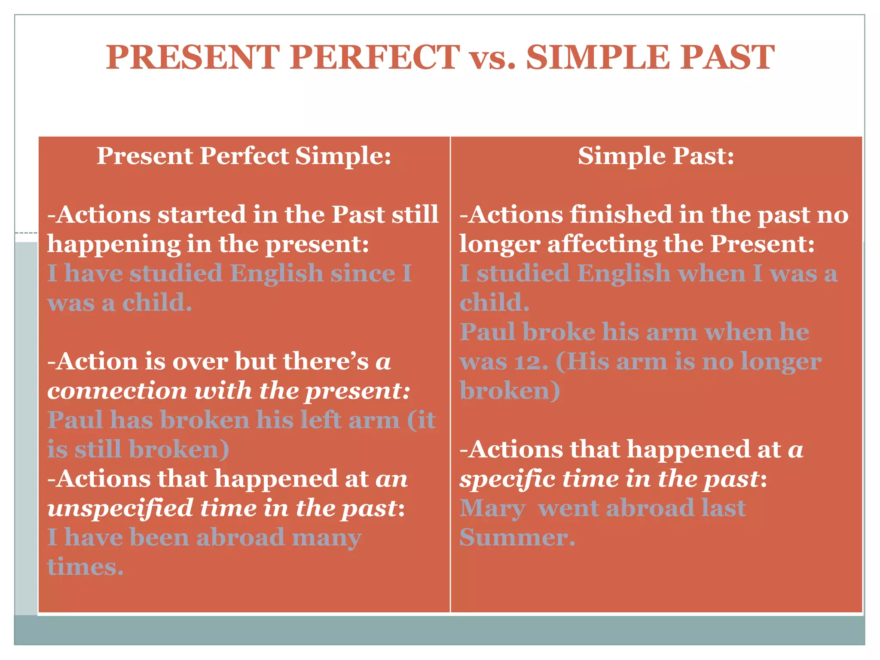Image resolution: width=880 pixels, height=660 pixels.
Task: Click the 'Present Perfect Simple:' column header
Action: [x=244, y=156]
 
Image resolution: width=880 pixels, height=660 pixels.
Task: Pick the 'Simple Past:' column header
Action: [x=656, y=156]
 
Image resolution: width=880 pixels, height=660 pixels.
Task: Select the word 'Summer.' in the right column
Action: [x=517, y=538]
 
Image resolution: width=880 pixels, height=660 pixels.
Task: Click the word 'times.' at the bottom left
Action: [x=85, y=567]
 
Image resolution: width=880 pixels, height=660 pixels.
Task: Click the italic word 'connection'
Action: [x=117, y=391]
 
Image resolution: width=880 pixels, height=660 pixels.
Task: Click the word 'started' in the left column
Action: [x=202, y=214]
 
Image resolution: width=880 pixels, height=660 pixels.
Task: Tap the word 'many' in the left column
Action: [x=326, y=538]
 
